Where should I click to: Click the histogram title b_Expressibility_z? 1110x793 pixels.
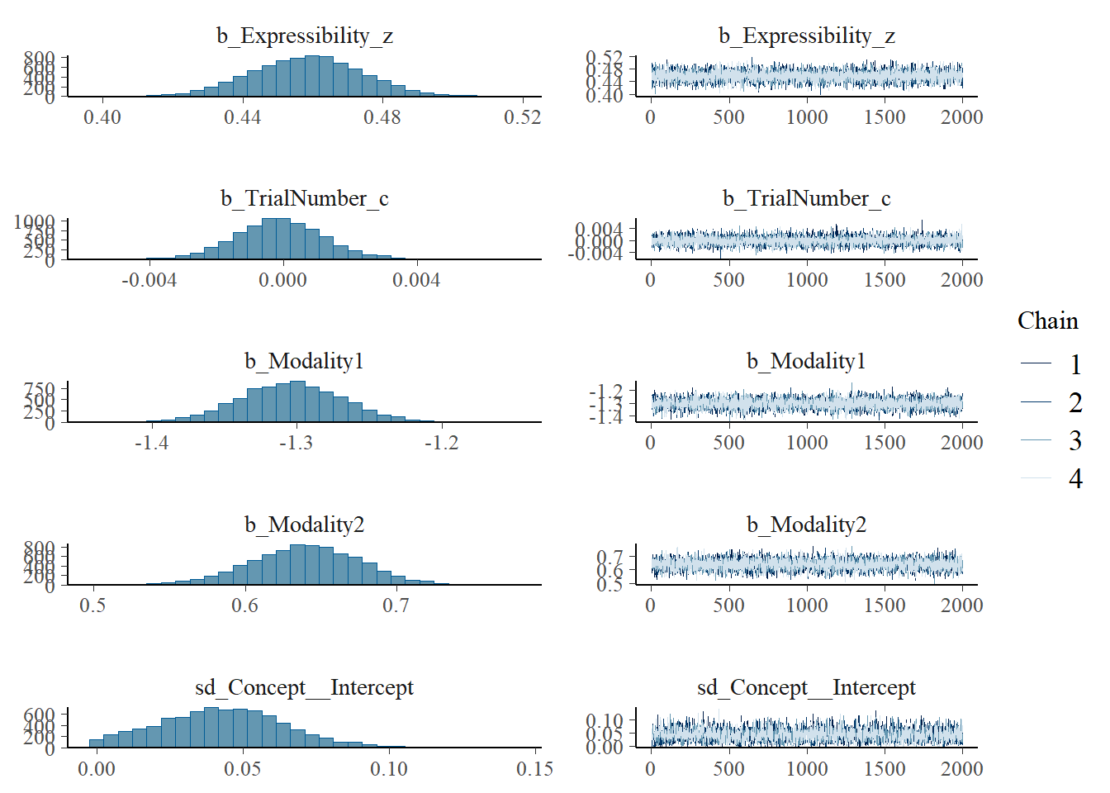[304, 36]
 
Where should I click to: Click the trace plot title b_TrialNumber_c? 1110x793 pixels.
[806, 198]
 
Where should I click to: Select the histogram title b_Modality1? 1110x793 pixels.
[304, 361]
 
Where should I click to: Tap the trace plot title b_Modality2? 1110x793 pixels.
[806, 525]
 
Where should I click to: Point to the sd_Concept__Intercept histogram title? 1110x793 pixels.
[304, 687]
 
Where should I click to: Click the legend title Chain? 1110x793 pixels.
[1047, 321]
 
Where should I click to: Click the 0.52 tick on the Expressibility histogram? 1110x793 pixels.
[522, 117]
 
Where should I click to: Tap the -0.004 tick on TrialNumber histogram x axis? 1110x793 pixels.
[149, 280]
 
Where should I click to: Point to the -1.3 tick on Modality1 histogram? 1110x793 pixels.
[296, 443]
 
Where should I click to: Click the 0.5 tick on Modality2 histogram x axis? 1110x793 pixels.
[92, 605]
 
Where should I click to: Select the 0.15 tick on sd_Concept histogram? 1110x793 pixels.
[534, 769]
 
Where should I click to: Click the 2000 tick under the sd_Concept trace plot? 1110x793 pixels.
[961, 768]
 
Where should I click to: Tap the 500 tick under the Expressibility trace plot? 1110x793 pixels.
[728, 117]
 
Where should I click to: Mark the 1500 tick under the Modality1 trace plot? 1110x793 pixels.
[885, 443]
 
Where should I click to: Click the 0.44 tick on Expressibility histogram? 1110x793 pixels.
[242, 117]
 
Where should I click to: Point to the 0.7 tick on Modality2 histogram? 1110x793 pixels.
[396, 605]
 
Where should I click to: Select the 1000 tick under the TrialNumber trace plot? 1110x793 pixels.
[807, 280]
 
